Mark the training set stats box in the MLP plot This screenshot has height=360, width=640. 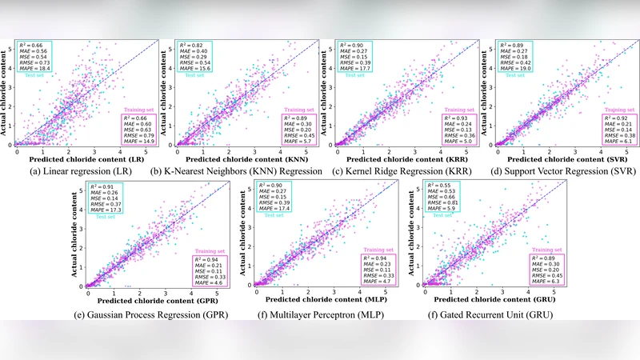374,273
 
